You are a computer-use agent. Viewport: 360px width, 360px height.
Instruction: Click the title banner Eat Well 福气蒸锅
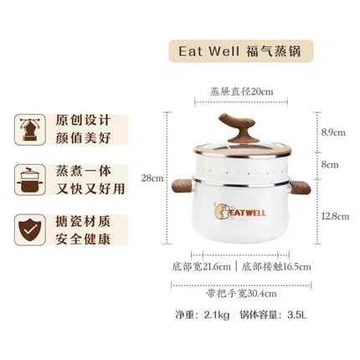point(241,51)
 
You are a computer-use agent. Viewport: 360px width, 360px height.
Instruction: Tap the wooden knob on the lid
point(237,128)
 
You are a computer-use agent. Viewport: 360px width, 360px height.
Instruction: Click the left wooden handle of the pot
point(182,187)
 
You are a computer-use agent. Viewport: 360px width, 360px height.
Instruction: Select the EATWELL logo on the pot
point(240,212)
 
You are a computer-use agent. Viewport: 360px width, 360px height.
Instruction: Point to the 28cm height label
point(152,177)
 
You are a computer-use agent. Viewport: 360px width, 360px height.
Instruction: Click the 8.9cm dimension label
point(333,132)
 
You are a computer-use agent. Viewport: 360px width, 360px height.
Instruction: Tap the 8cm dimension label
point(330,165)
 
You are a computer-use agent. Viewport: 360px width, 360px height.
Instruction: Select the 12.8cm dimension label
point(335,216)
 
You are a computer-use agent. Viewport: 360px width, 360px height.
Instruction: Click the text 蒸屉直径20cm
point(241,91)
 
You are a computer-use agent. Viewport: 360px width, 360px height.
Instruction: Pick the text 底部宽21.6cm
point(201,267)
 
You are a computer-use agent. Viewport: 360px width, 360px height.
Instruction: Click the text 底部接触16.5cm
point(275,267)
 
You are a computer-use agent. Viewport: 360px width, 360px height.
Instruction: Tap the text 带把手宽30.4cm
point(241,294)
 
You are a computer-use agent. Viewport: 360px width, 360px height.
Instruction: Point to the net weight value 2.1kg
point(217,315)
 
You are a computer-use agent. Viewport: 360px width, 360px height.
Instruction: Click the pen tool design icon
point(30,130)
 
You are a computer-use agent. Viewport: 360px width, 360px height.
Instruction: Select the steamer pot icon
point(30,179)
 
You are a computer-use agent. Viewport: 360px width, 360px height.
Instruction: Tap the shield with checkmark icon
point(30,229)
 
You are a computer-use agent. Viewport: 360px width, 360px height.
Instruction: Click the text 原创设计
point(83,121)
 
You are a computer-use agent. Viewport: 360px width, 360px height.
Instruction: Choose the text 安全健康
point(83,239)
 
